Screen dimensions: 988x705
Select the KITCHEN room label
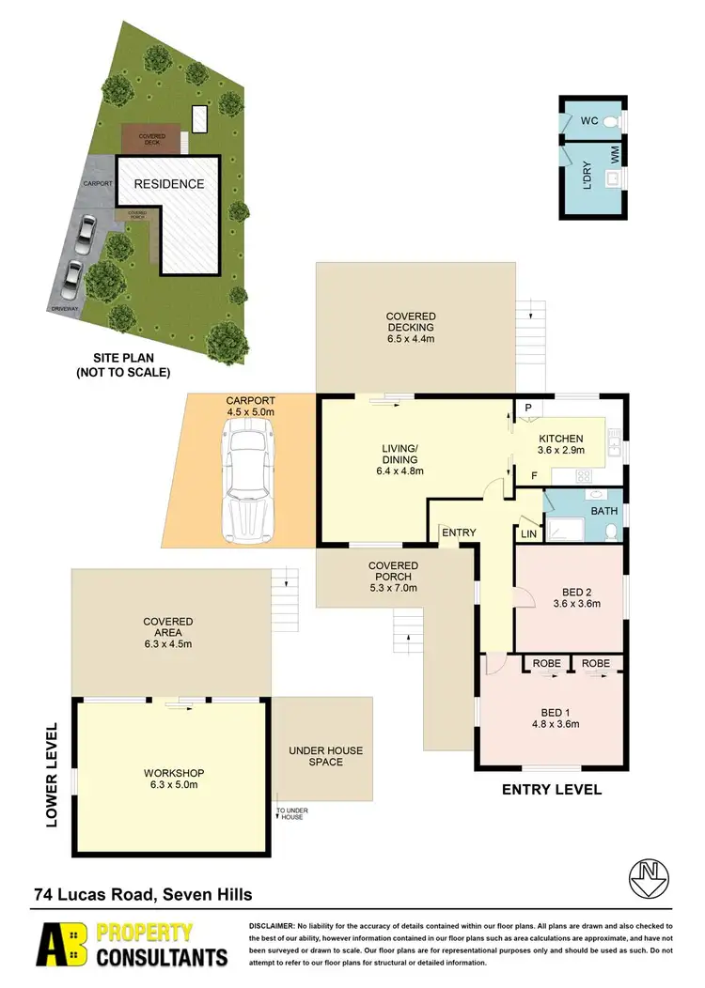(561, 439)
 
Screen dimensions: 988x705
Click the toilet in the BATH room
(611, 532)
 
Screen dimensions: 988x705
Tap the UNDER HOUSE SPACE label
(325, 756)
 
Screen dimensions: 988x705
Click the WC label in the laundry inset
(588, 121)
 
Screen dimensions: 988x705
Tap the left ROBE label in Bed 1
(546, 664)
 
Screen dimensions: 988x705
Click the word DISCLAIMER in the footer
(272, 926)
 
